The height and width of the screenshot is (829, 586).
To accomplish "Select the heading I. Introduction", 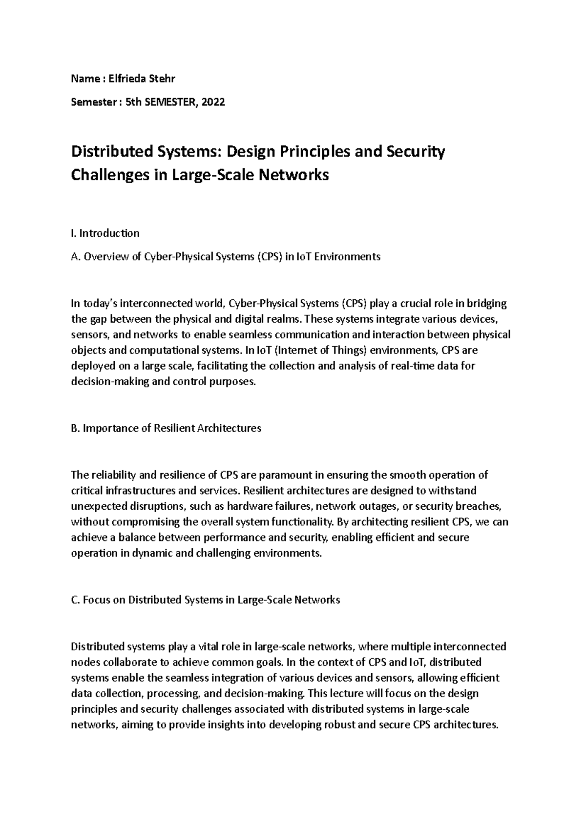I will pos(105,233).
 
